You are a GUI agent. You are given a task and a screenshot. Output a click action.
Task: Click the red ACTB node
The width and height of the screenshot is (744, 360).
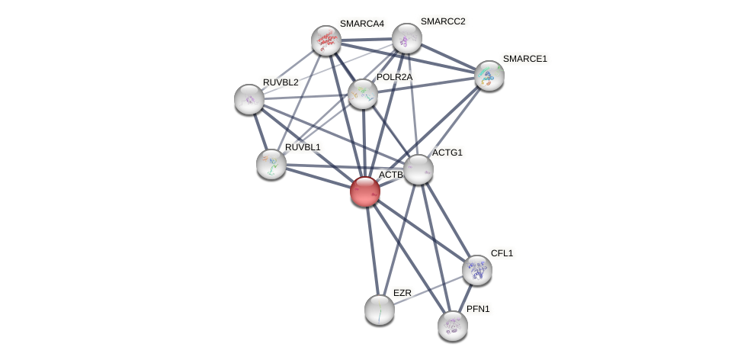pyautogui.click(x=365, y=191)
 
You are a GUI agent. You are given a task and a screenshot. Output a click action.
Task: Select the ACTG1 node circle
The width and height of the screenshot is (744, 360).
pyautogui.click(x=418, y=169)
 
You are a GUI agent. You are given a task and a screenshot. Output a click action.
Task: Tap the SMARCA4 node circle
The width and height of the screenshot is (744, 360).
pyautogui.click(x=326, y=40)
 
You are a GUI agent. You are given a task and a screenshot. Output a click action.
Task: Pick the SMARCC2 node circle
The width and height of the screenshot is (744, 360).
pyautogui.click(x=406, y=38)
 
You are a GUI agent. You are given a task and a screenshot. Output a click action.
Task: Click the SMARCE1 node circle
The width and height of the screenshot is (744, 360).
pyautogui.click(x=489, y=76)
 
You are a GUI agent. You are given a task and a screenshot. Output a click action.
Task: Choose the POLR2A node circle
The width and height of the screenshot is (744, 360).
pyautogui.click(x=363, y=94)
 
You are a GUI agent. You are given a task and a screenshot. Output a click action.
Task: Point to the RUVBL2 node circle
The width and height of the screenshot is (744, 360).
pyautogui.click(x=249, y=99)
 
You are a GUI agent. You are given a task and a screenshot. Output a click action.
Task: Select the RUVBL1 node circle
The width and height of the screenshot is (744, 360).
pyautogui.click(x=271, y=163)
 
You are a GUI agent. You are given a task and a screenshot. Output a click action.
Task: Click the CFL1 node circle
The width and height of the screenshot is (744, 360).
pyautogui.click(x=477, y=270)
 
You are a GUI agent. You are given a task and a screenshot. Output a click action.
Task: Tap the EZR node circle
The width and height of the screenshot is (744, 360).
pyautogui.click(x=380, y=310)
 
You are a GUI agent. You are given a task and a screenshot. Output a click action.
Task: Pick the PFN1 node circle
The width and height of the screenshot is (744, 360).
pyautogui.click(x=453, y=325)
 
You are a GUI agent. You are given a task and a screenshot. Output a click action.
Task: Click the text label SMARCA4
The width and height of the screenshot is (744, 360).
pyautogui.click(x=361, y=24)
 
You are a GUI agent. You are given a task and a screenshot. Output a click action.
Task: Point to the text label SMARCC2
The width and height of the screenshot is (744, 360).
pyautogui.click(x=442, y=21)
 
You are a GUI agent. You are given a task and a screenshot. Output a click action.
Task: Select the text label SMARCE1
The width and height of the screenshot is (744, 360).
pyautogui.click(x=524, y=59)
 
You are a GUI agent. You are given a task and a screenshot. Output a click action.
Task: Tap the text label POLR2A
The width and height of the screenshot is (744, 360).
pyautogui.click(x=394, y=77)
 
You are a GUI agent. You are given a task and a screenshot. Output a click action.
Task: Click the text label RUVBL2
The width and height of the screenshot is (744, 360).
pyautogui.click(x=281, y=82)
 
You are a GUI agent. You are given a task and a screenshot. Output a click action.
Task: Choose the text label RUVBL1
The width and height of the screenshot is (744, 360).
pyautogui.click(x=303, y=146)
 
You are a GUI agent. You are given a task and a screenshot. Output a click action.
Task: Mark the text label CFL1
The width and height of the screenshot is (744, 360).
pyautogui.click(x=502, y=253)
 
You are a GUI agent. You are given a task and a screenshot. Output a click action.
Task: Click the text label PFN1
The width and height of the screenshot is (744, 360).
pyautogui.click(x=478, y=309)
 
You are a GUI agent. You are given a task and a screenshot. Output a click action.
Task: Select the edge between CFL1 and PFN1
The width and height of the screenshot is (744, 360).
pyautogui.click(x=466, y=297)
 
